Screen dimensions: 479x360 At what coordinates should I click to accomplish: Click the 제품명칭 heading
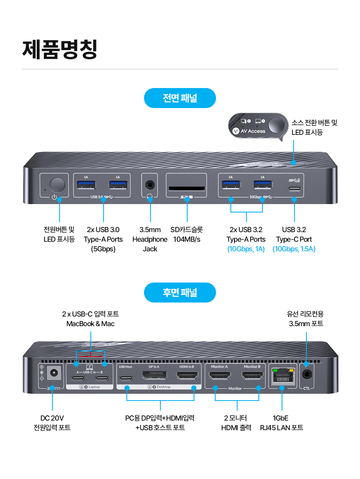60,49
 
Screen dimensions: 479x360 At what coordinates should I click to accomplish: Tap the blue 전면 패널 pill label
180,98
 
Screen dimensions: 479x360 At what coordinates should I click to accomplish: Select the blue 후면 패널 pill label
180,293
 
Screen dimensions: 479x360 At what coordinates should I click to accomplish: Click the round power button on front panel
57,184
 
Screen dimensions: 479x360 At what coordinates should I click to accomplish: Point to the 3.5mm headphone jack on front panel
150,184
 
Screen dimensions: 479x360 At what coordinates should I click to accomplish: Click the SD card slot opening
186,188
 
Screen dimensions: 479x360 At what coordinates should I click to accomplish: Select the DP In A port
154,376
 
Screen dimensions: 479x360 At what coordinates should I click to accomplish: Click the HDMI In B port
187,376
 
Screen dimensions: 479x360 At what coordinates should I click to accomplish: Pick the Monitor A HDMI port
220,376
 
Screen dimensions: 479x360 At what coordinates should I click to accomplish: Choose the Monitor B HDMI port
252,376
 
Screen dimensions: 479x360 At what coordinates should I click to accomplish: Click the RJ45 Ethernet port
283,376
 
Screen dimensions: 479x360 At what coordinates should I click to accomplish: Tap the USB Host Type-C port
126,377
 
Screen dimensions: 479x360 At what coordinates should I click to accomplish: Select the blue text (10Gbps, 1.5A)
294,249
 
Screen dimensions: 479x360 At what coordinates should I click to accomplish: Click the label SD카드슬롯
186,230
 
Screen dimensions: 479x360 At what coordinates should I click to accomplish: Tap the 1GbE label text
281,418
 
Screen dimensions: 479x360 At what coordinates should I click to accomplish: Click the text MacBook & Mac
90,324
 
